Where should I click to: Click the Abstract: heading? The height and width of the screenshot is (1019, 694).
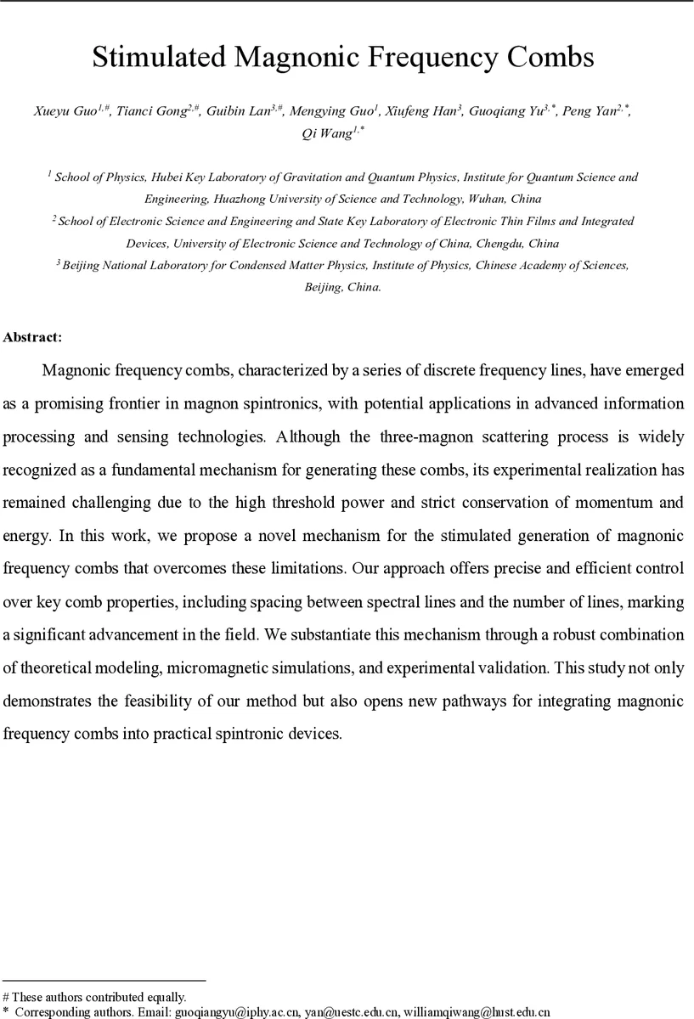(32, 337)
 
